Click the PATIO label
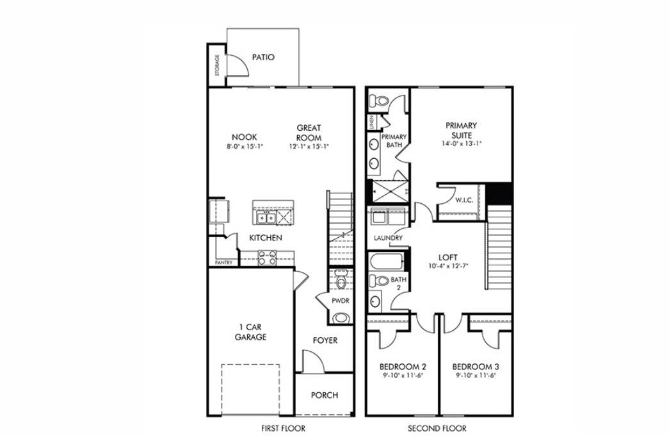pos(263,57)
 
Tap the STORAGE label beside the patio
pos(217,65)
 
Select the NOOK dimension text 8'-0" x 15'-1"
pos(245,147)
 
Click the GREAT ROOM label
pos(309,133)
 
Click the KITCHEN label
pos(266,238)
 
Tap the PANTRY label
pos(223,262)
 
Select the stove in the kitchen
pos(266,258)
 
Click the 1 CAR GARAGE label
pos(250,332)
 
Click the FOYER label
pos(325,340)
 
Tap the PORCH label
pos(325,395)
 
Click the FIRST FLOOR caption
pos(282,428)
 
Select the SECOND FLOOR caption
pos(437,428)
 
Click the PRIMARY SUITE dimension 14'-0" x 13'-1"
pos(461,144)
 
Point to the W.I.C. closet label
pos(464,200)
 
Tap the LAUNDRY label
pos(389,238)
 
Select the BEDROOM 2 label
pos(402,367)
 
